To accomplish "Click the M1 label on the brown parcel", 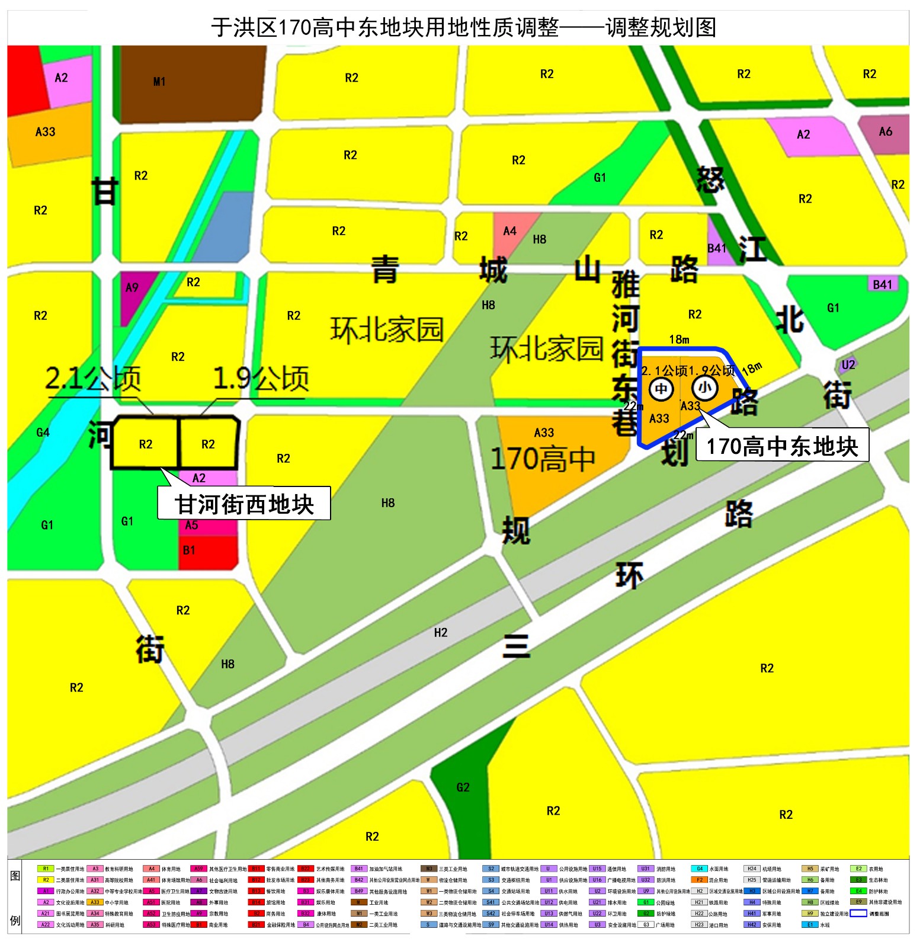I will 159,82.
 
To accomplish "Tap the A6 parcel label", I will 885,132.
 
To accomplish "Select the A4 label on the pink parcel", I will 509,231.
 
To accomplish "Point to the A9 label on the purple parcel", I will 132,288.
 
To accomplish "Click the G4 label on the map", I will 43,433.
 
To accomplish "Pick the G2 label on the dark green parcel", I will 463,787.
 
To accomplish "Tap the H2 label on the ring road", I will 440,633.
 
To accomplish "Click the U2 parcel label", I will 848,365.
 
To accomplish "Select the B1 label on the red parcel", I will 189,550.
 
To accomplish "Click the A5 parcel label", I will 191,525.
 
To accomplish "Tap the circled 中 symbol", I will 661,389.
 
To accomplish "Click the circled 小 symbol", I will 704,388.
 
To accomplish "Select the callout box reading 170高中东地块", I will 782,446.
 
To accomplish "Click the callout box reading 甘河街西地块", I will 244,504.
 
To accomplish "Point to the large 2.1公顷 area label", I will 93,379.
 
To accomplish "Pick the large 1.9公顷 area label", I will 261,379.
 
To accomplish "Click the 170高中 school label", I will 543,459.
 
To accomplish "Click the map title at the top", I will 463,27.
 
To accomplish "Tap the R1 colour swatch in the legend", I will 46,869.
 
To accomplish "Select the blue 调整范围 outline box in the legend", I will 858,913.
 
